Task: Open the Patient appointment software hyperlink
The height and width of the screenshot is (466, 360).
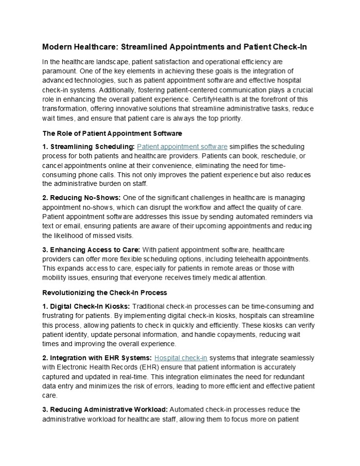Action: [x=182, y=146]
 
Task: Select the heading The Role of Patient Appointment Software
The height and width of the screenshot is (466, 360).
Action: [x=112, y=133]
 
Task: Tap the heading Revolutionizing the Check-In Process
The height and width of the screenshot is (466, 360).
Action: [x=104, y=293]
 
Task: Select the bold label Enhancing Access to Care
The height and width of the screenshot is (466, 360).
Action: [x=91, y=250]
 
